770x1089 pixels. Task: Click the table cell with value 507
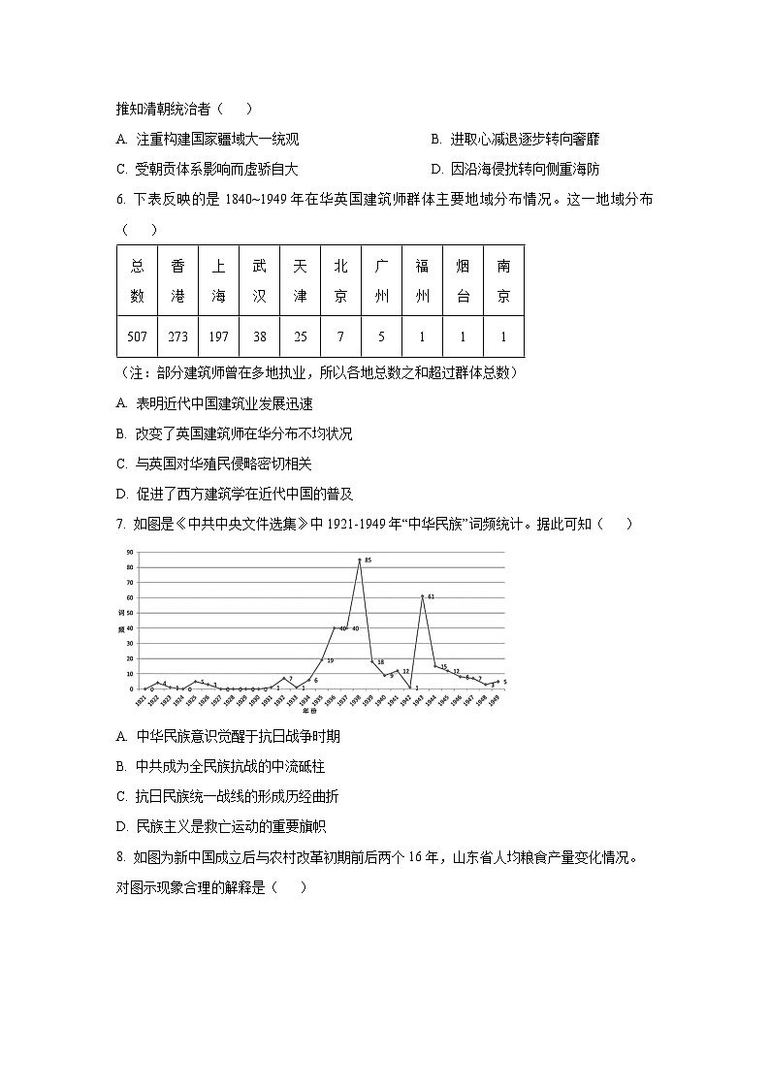point(137,336)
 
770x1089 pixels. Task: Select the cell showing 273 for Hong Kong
point(177,336)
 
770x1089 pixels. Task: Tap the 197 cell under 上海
point(218,336)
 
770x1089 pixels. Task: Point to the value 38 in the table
point(259,336)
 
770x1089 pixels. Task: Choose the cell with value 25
point(300,336)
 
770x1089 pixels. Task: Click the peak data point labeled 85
point(360,560)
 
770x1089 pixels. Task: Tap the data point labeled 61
point(422,596)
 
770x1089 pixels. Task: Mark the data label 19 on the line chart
point(330,660)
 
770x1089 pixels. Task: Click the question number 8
point(119,857)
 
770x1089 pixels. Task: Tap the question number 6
point(119,199)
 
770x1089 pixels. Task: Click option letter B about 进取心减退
point(436,140)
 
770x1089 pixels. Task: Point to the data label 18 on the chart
point(381,661)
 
